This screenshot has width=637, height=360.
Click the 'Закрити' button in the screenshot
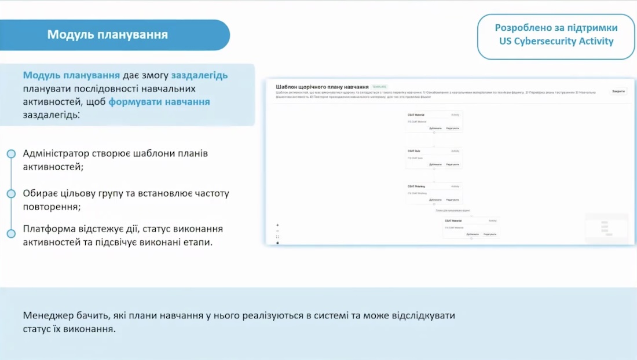(x=618, y=91)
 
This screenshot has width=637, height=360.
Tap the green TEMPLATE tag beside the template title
(x=379, y=87)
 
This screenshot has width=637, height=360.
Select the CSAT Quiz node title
(x=414, y=151)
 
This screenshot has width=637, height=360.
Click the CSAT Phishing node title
(x=416, y=186)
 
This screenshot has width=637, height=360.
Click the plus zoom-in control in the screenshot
(x=277, y=225)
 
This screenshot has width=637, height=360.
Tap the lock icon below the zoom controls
(x=277, y=243)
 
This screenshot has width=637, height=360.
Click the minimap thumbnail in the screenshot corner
(x=606, y=228)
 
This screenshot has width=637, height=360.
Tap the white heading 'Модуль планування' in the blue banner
(x=108, y=35)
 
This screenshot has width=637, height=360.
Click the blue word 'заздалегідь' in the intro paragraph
(x=199, y=75)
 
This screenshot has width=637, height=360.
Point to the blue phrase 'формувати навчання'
(x=159, y=102)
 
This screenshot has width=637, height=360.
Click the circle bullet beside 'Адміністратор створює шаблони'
(x=11, y=154)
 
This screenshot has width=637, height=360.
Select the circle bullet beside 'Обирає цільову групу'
(x=11, y=193)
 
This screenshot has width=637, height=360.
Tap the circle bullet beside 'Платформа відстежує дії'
(x=11, y=234)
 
